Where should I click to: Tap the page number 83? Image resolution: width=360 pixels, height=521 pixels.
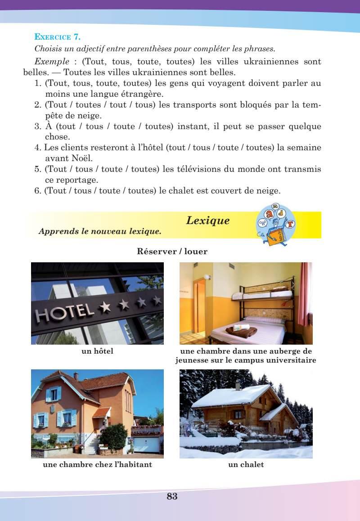pyautogui.click(x=172, y=497)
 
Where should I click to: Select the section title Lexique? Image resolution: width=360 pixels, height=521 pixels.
pyautogui.click(x=207, y=220)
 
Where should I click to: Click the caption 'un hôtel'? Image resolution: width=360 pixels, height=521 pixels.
pyautogui.click(x=97, y=351)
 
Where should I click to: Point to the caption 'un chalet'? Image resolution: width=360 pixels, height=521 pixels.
pyautogui.click(x=246, y=465)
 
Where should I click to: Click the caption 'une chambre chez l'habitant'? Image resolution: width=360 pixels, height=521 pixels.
pyautogui.click(x=97, y=465)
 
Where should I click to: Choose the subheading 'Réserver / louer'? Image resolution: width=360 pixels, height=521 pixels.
pyautogui.click(x=172, y=252)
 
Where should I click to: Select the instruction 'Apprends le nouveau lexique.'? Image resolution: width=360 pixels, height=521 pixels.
pyautogui.click(x=100, y=232)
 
